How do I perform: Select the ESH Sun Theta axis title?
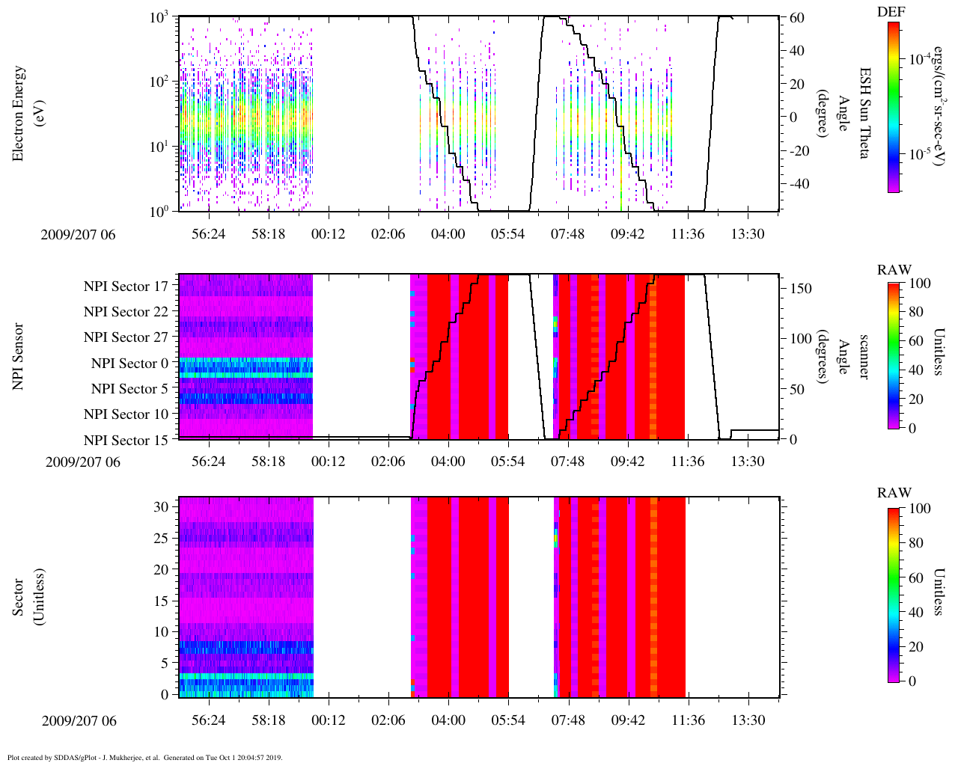point(864,113)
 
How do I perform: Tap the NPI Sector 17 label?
point(126,286)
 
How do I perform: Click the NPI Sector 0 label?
point(129,364)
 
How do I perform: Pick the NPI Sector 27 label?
point(126,337)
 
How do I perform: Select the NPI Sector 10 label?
point(126,414)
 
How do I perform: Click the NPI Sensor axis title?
point(19,356)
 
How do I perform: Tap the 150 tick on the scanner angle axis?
point(801,288)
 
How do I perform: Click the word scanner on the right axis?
point(864,356)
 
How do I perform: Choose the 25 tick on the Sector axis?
point(161,538)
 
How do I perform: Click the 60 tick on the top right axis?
point(796,17)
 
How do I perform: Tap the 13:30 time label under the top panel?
point(747,234)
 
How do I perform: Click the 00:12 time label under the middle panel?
point(328,462)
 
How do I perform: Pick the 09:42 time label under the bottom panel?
point(627,720)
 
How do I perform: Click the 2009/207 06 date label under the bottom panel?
point(79,721)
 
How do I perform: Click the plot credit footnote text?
point(144,757)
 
